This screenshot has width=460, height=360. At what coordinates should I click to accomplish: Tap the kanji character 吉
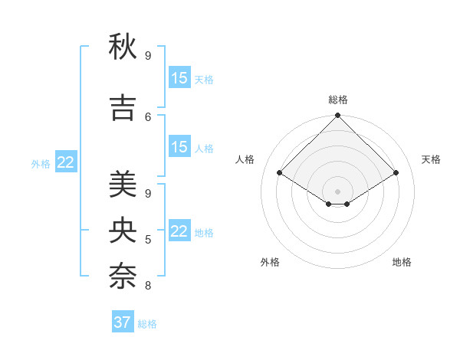click(x=123, y=108)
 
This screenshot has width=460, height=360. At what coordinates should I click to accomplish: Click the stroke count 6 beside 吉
click(x=148, y=116)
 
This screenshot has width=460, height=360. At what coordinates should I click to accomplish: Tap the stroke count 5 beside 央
click(x=148, y=240)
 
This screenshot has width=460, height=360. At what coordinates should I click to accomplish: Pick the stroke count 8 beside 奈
click(x=148, y=286)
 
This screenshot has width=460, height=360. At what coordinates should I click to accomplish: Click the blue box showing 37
click(x=123, y=322)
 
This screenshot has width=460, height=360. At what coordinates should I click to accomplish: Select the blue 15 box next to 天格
click(x=179, y=78)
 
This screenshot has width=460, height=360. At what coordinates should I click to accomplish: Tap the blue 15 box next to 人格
click(x=179, y=147)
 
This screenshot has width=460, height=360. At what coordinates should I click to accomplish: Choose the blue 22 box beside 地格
click(x=179, y=231)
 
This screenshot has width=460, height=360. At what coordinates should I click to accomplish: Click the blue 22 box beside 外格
click(x=66, y=162)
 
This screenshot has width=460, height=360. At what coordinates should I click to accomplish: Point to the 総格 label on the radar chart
click(x=338, y=100)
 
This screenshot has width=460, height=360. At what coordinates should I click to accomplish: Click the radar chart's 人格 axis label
click(x=245, y=159)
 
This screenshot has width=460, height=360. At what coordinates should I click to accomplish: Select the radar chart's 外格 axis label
click(x=270, y=262)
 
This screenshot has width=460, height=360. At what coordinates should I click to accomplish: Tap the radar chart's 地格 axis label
click(x=402, y=262)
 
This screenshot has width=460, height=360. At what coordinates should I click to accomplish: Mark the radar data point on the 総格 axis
click(x=338, y=116)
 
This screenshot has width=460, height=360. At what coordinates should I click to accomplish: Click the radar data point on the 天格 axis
click(x=396, y=173)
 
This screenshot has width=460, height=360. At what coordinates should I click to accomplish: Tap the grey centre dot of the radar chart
click(x=338, y=190)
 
